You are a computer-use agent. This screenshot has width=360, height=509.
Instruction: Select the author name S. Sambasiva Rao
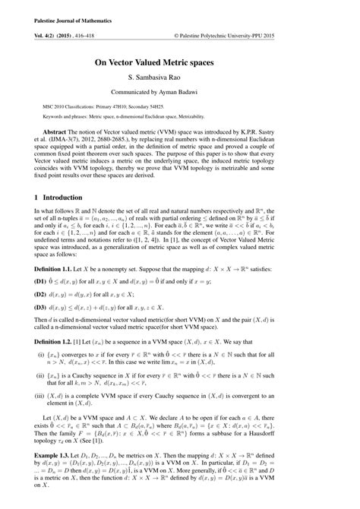coord(180,83)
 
